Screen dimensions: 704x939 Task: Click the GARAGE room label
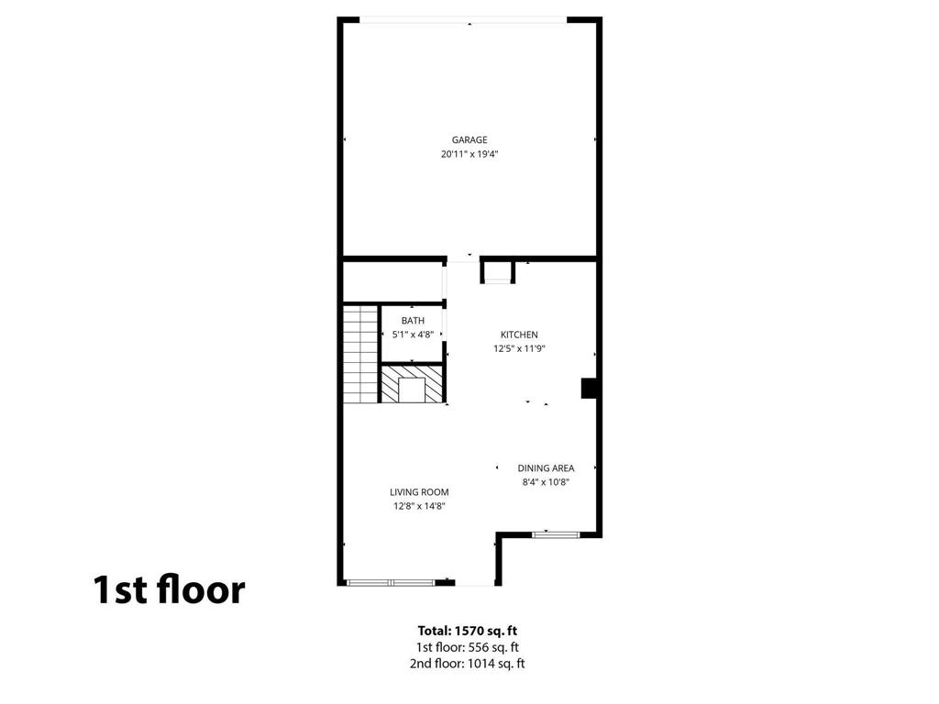pyautogui.click(x=469, y=140)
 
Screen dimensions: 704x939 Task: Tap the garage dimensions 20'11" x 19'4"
pyautogui.click(x=469, y=154)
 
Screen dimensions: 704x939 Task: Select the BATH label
pyautogui.click(x=413, y=321)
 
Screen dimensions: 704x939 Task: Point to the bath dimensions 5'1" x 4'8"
pyautogui.click(x=413, y=335)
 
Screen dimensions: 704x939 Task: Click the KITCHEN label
pyautogui.click(x=519, y=335)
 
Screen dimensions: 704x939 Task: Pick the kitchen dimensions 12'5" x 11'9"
pyautogui.click(x=519, y=348)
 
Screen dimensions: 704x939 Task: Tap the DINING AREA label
pyautogui.click(x=546, y=467)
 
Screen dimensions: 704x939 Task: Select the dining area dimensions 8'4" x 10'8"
pyautogui.click(x=546, y=482)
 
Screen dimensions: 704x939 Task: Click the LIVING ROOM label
pyautogui.click(x=420, y=492)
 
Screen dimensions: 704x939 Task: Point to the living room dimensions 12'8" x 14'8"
pyautogui.click(x=420, y=506)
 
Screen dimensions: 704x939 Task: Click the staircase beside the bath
pyautogui.click(x=360, y=354)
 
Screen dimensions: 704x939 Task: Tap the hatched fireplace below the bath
pyautogui.click(x=412, y=384)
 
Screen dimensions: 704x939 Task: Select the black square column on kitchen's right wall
pyautogui.click(x=590, y=389)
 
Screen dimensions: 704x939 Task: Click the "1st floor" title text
pyautogui.click(x=169, y=589)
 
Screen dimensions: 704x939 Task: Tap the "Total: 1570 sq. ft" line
pyautogui.click(x=469, y=631)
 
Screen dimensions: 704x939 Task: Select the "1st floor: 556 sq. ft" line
pyautogui.click(x=469, y=647)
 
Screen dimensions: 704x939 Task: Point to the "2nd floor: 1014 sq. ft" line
pyautogui.click(x=469, y=664)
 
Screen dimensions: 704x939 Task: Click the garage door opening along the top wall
pyautogui.click(x=463, y=20)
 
